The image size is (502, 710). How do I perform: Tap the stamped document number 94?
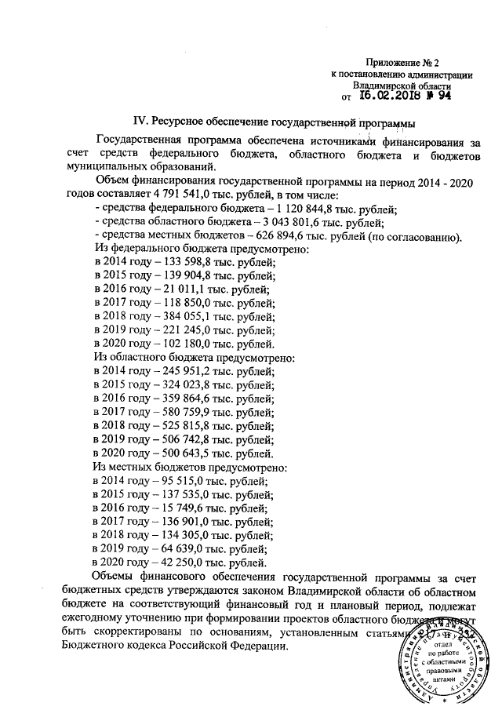click(444, 96)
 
